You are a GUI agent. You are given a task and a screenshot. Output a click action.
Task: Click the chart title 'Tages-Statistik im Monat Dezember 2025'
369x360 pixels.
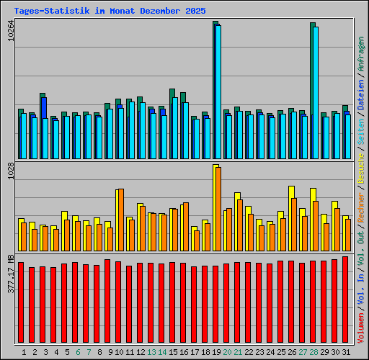(x=110, y=11)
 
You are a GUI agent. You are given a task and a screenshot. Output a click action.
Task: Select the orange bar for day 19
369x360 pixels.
(x=218, y=209)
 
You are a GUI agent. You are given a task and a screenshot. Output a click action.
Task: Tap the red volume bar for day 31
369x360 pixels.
(x=345, y=300)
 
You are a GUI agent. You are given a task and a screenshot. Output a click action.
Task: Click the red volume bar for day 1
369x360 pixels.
(x=21, y=303)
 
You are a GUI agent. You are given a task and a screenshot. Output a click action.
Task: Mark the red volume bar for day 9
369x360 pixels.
(x=107, y=302)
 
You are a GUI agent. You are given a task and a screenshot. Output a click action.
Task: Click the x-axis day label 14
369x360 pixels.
(x=162, y=352)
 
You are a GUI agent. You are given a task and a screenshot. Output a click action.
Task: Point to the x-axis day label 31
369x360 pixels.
(x=346, y=352)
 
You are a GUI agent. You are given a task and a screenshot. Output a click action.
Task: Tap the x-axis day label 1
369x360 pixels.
(x=24, y=352)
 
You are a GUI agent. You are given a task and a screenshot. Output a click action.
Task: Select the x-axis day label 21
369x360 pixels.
(x=238, y=352)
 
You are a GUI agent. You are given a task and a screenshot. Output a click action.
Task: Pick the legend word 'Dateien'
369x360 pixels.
(x=361, y=94)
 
